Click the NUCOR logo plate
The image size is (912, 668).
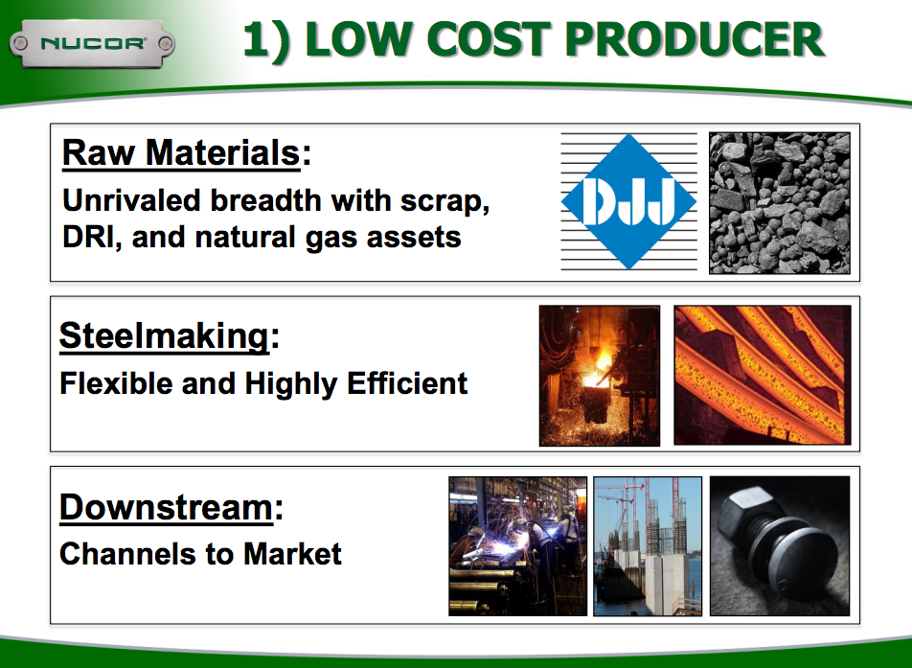coord(92,43)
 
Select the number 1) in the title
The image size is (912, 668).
coord(266,39)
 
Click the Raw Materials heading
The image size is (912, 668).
coord(181,153)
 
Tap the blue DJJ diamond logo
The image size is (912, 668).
coord(627,201)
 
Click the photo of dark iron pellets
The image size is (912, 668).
coord(779,203)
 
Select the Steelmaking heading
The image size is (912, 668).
coord(164,336)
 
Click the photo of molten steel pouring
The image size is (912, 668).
coord(599,376)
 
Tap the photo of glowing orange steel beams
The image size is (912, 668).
coord(763,375)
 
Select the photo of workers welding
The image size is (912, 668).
coord(517,546)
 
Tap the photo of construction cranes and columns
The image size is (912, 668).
coord(648,546)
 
